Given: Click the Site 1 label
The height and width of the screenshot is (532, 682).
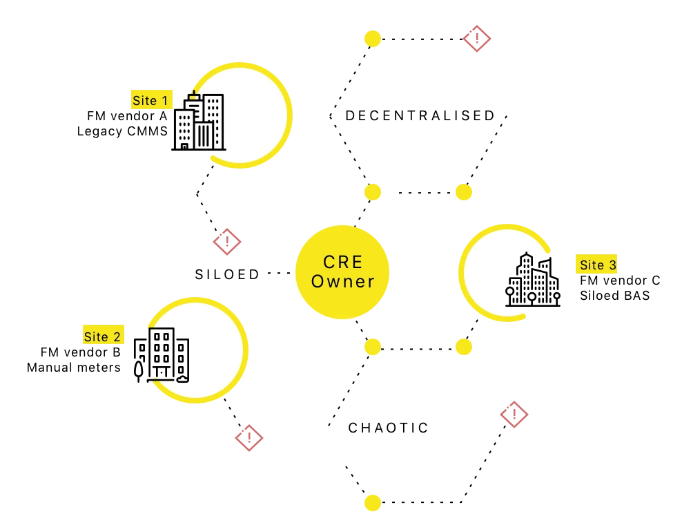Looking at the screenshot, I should pos(150,100).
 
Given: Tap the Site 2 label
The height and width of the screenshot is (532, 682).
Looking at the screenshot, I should pos(103,336).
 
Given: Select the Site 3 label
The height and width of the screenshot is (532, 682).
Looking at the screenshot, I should pos(597,265).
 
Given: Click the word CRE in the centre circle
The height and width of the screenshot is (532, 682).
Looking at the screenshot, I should pos(342,263).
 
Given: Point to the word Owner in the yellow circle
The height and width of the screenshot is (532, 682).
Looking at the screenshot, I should pos(342,281).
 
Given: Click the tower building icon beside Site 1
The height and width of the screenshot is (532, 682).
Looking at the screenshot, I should pos(208,122).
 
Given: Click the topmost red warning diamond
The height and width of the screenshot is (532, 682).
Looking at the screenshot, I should pos(476,39).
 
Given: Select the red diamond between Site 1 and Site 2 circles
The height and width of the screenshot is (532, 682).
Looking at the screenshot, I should pos(226,242).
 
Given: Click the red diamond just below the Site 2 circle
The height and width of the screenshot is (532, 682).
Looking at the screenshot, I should pos(249,438).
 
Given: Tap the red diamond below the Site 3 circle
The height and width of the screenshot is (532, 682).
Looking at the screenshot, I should pos(513,415).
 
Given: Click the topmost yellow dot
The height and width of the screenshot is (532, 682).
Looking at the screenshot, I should pos(373,37).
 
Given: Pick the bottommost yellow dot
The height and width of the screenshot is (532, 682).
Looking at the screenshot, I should pos(373,502).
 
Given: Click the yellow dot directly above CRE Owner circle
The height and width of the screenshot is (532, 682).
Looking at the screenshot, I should pos(373,192).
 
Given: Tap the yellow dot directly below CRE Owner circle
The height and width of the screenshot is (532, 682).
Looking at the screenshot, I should pos(373,345).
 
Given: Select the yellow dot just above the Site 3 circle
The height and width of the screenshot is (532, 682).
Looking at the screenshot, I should pos(464,192).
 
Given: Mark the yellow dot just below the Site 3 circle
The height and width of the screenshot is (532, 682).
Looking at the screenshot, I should pos(464,345).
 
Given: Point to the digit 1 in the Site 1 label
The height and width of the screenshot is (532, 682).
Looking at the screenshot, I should pos(164,100).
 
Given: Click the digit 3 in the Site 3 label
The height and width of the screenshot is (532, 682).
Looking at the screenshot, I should pos(612,265).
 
